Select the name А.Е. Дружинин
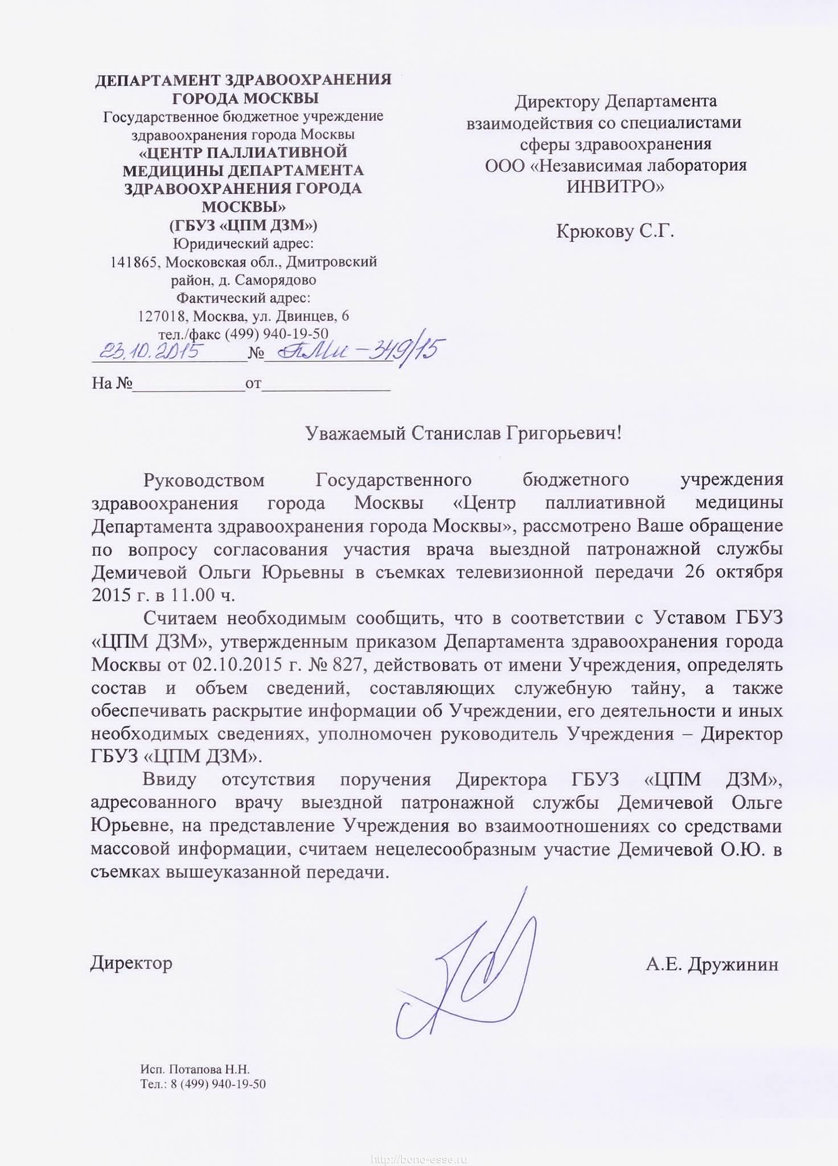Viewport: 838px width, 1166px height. click(712, 964)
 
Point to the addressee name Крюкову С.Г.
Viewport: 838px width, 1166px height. click(615, 232)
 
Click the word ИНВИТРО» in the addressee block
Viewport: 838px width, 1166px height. click(615, 186)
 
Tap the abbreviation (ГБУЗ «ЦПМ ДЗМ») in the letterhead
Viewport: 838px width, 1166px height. click(243, 225)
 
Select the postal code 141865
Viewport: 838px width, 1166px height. click(135, 262)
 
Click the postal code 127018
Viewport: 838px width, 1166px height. click(164, 316)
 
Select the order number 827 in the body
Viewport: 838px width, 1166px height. click(342, 664)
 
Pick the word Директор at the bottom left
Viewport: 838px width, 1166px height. click(131, 963)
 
